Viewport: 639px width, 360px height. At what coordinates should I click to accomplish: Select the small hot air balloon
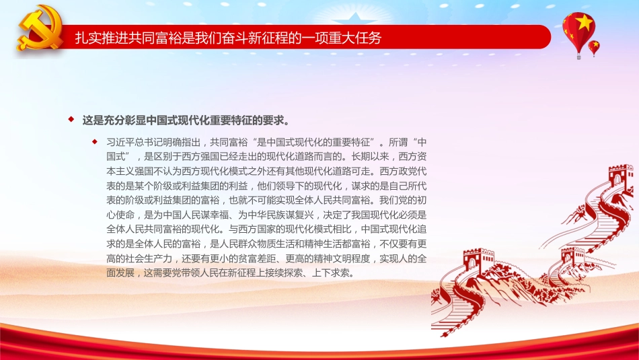(594, 47)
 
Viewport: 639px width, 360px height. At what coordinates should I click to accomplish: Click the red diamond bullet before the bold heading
(71, 120)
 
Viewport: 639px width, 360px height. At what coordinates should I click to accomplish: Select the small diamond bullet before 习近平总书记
(95, 141)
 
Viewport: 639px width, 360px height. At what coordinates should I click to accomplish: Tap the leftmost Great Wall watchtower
(478, 260)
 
